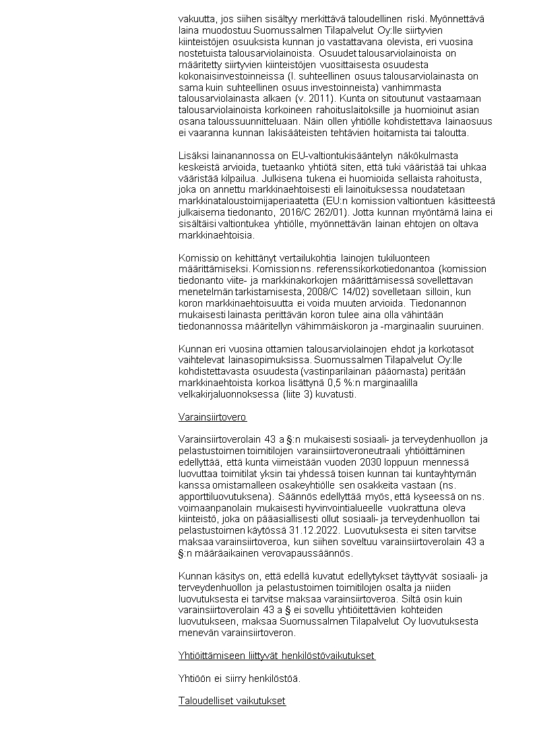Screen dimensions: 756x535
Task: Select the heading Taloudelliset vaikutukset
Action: [232, 701]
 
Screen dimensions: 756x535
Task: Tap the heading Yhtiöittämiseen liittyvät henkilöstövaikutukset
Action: [276, 656]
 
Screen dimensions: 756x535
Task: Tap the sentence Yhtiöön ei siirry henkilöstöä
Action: [239, 678]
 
